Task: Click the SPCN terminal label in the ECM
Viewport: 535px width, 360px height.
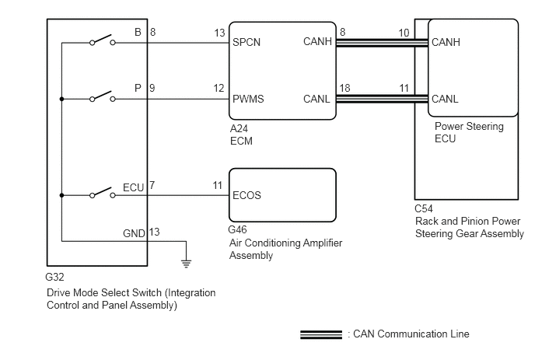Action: click(247, 43)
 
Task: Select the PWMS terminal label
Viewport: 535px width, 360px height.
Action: click(248, 99)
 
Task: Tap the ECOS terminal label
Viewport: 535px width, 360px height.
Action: click(247, 195)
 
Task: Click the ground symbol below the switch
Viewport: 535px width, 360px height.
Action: click(186, 263)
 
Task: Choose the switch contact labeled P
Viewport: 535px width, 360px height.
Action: click(103, 99)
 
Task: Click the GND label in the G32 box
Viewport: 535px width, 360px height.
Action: click(133, 232)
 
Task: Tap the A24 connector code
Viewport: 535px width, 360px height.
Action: click(237, 130)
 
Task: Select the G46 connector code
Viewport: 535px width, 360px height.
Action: click(238, 231)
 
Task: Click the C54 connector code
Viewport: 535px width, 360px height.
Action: click(425, 208)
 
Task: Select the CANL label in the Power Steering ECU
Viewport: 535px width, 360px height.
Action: click(446, 99)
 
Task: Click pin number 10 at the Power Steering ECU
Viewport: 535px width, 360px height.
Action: click(404, 33)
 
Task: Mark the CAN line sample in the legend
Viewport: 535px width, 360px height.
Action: click(320, 334)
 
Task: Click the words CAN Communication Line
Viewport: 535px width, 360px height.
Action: click(411, 334)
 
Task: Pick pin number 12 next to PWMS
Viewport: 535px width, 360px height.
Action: click(219, 89)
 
